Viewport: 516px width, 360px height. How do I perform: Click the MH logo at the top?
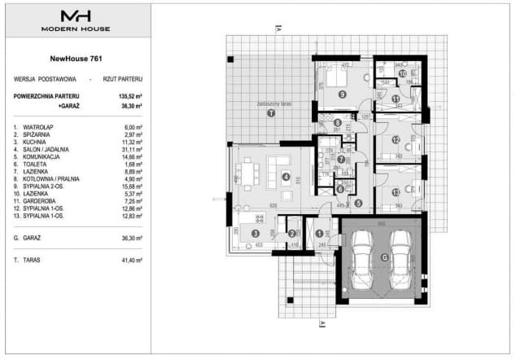tap(76, 15)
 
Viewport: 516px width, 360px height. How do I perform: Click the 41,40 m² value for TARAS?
tap(129, 259)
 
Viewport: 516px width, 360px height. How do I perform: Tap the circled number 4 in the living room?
tap(286, 177)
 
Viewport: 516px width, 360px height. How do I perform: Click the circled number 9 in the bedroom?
tap(343, 94)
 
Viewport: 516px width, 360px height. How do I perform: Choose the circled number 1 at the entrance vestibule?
tap(318, 235)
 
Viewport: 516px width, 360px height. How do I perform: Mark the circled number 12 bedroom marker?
tap(395, 140)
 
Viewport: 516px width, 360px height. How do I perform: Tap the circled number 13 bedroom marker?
tap(395, 192)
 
